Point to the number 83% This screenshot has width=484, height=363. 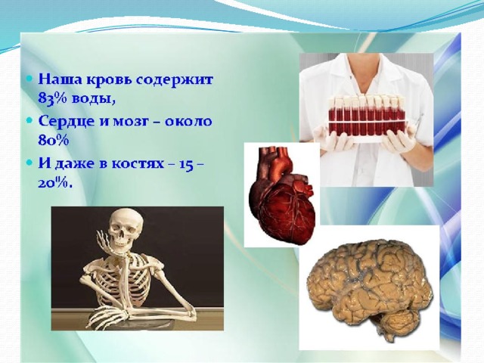pyautogui.click(x=52, y=99)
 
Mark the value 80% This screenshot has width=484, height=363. pyautogui.click(x=53, y=141)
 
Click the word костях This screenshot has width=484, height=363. pyautogui.click(x=138, y=164)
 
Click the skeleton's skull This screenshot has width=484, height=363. pyautogui.click(x=126, y=227)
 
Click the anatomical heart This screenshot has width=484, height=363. pyautogui.click(x=282, y=195)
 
